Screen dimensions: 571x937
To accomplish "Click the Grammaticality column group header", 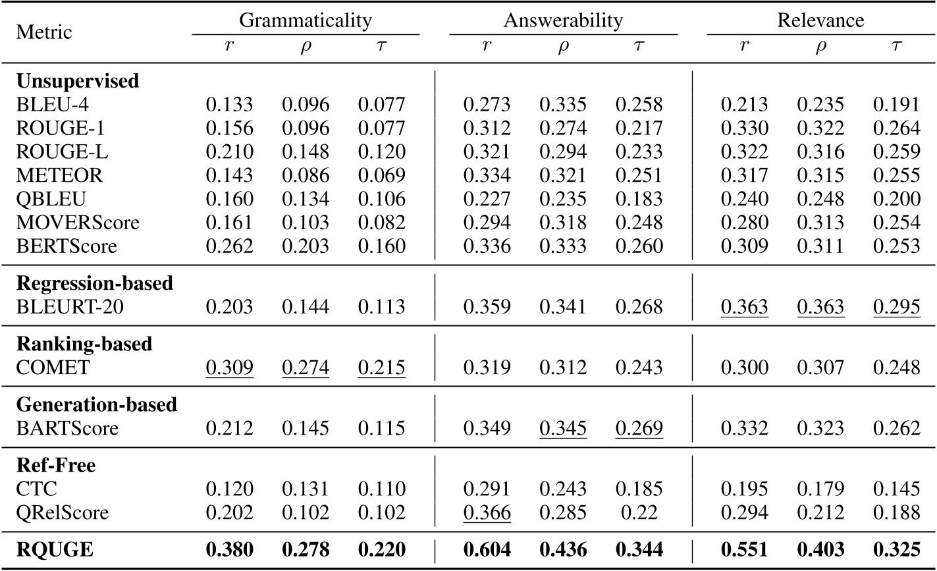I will pos(306,20).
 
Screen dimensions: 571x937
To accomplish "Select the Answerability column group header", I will pos(563,20).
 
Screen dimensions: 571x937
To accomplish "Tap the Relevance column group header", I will pos(820,20).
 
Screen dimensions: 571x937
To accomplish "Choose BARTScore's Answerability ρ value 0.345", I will pos(563,429).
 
